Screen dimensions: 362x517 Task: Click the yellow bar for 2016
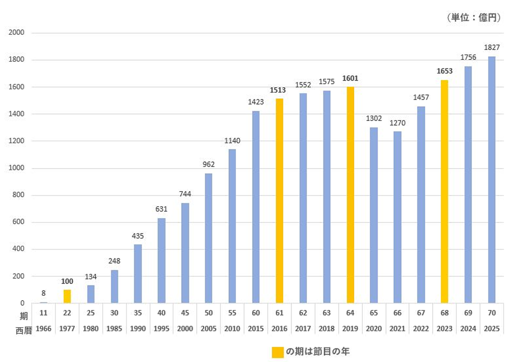point(280,201)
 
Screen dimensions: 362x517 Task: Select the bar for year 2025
point(492,180)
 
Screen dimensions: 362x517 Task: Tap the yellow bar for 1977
point(68,296)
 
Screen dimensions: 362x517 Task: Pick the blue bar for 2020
point(374,215)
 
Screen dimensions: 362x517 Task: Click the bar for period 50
point(209,238)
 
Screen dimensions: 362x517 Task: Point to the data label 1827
point(492,47)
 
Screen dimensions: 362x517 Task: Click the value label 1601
point(350,78)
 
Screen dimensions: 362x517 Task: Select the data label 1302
point(374,119)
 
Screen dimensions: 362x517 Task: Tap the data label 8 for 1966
point(43,293)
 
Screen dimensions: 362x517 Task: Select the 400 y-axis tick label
point(18,249)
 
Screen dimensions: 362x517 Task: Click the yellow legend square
point(278,352)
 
